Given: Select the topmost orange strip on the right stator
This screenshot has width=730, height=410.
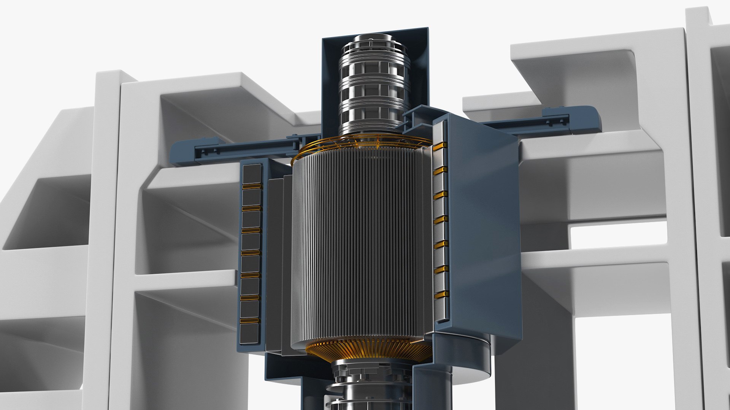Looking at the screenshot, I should coord(440,145).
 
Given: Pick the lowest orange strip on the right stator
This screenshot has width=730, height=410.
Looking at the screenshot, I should coord(441,294).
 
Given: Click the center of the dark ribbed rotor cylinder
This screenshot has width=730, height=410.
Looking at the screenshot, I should coord(361,247).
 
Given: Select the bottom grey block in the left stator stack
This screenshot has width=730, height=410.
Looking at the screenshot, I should coord(249,334).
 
